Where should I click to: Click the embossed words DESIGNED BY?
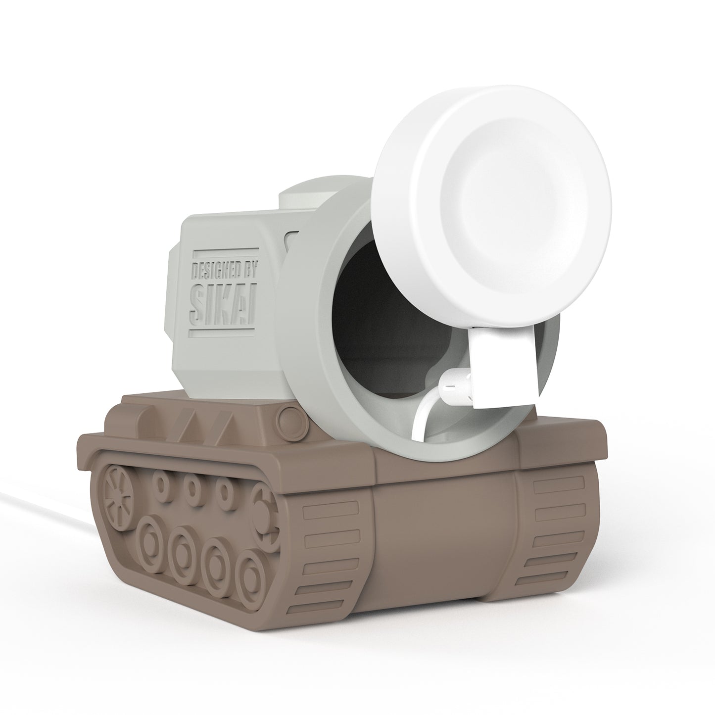[223, 272]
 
